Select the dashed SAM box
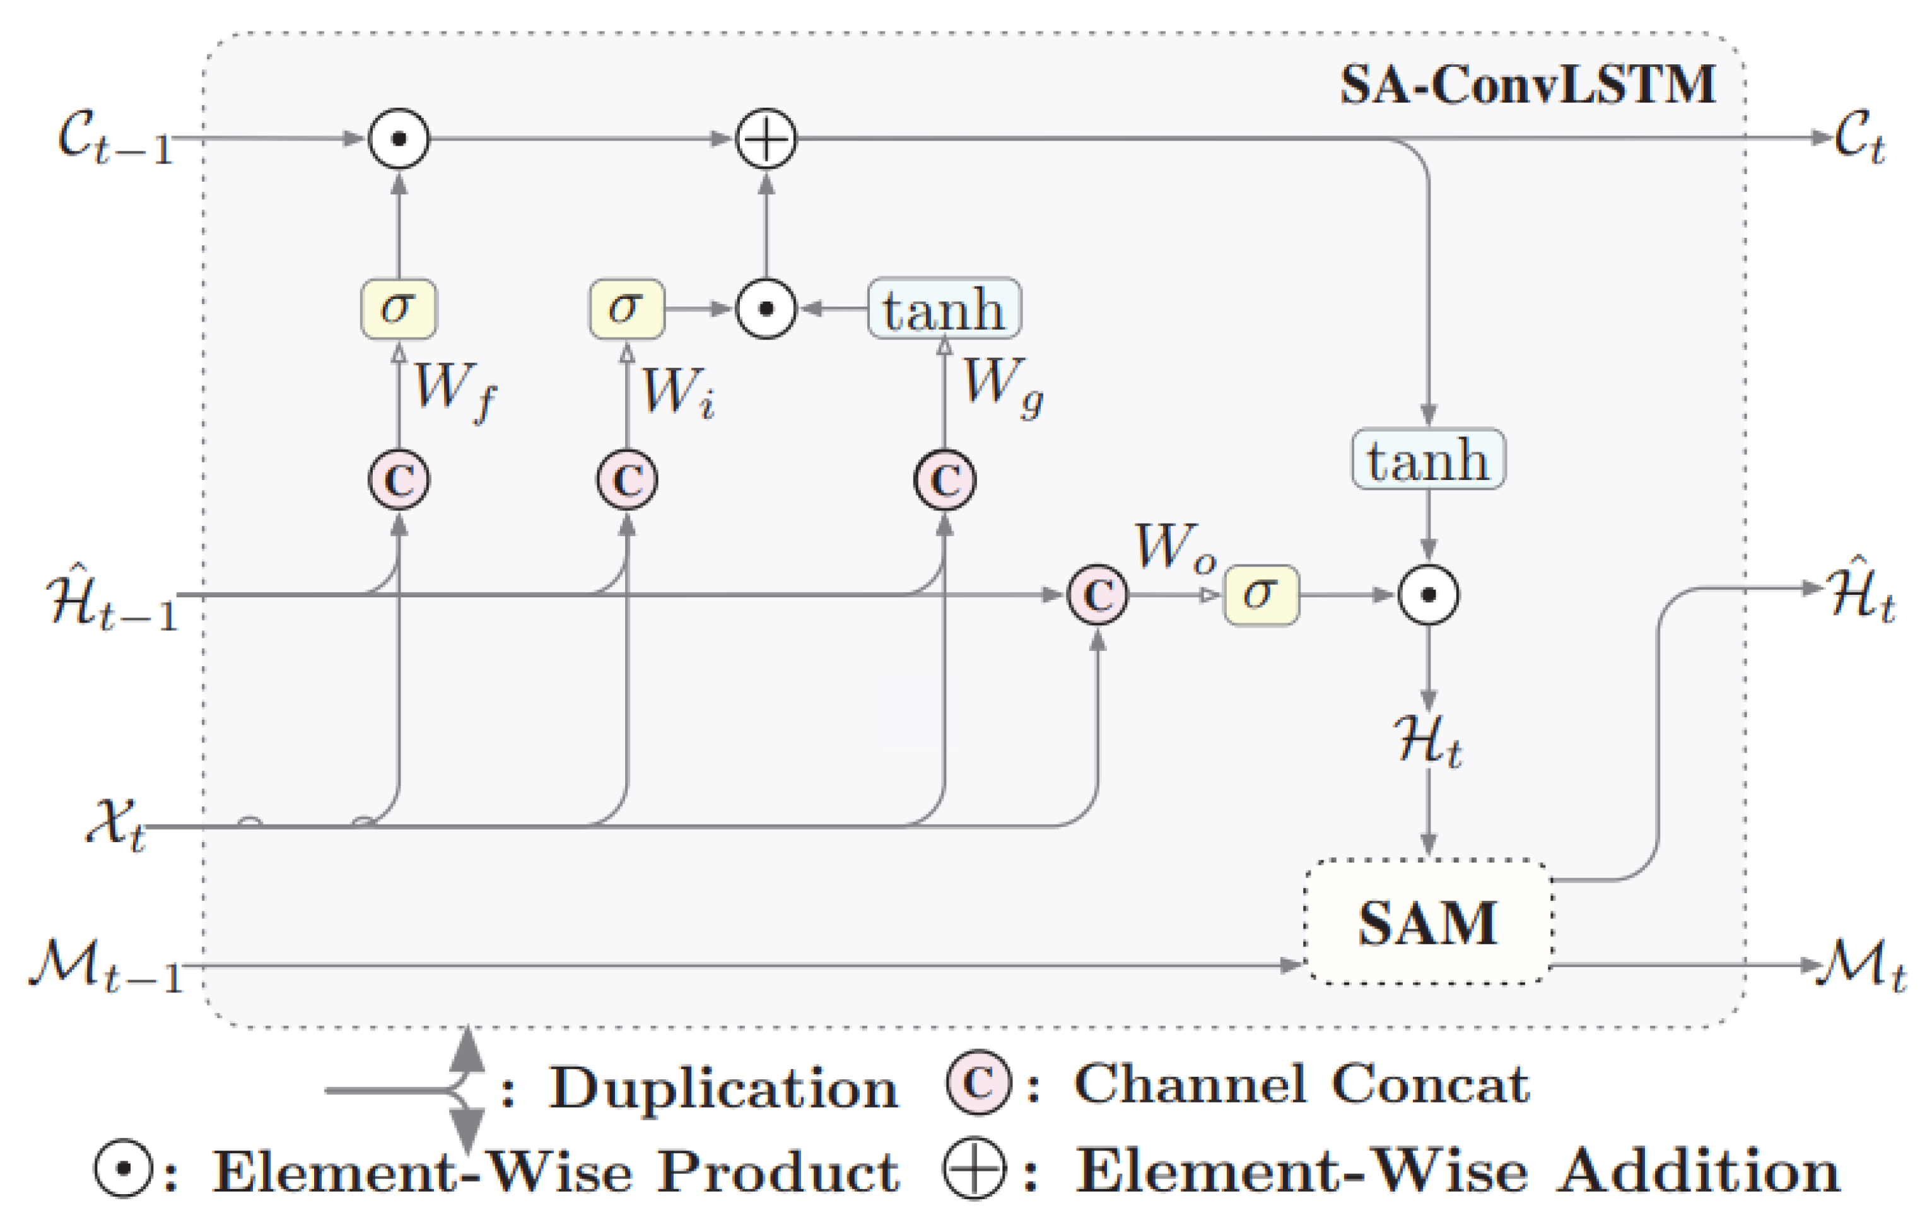pos(1427,923)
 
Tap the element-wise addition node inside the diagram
pos(766,138)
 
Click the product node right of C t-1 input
pos(399,138)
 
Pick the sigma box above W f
pos(399,308)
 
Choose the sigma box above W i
pos(626,308)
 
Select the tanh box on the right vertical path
pos(1428,459)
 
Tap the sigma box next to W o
pos(1260,594)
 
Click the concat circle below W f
pos(399,480)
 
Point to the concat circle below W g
pos(944,480)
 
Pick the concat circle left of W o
pos(1097,594)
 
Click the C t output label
pos(1860,138)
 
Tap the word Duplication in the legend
pos(722,1089)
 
